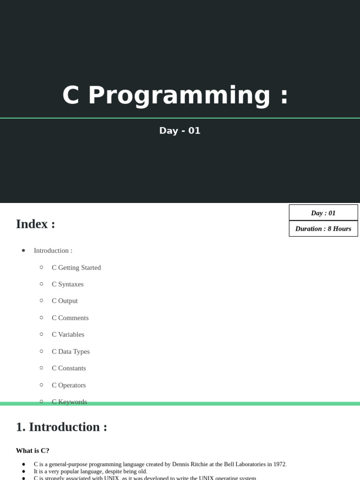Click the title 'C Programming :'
tap(175, 95)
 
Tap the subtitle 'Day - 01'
tap(180, 131)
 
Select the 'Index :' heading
tap(36, 224)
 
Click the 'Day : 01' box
tap(323, 213)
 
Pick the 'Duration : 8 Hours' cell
tap(323, 229)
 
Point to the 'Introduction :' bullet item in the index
tap(53, 251)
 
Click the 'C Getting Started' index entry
tap(76, 268)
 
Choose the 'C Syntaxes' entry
tap(67, 285)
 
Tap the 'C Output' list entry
tap(65, 301)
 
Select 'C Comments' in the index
tap(70, 318)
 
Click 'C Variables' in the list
tap(68, 335)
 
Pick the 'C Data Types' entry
tap(71, 352)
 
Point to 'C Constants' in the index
tap(69, 368)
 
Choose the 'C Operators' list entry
tap(69, 385)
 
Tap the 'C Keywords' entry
tap(69, 402)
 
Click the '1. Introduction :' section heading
tap(61, 427)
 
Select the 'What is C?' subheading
tap(32, 450)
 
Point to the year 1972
tap(279, 464)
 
